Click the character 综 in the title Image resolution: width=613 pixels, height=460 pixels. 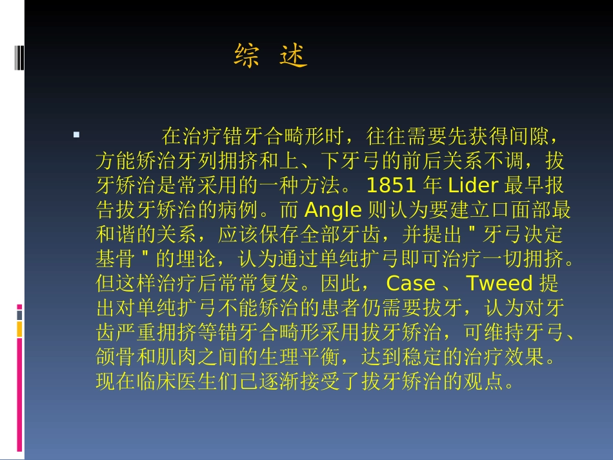(x=246, y=57)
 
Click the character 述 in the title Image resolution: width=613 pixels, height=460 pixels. (x=294, y=57)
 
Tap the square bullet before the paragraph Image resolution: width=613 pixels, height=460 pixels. (x=77, y=135)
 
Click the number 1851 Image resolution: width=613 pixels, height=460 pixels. (x=391, y=186)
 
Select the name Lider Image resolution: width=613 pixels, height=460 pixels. (x=473, y=186)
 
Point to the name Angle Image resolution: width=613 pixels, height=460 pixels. (x=332, y=210)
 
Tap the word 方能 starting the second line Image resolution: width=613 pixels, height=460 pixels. (x=116, y=161)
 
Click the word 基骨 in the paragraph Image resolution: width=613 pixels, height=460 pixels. (x=116, y=259)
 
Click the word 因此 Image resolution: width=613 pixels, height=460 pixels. (x=359, y=284)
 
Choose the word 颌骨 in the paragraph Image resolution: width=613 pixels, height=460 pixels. (x=116, y=357)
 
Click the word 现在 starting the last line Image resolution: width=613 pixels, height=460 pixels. (x=116, y=382)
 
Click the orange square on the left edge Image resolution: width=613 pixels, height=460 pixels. (x=19, y=330)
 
